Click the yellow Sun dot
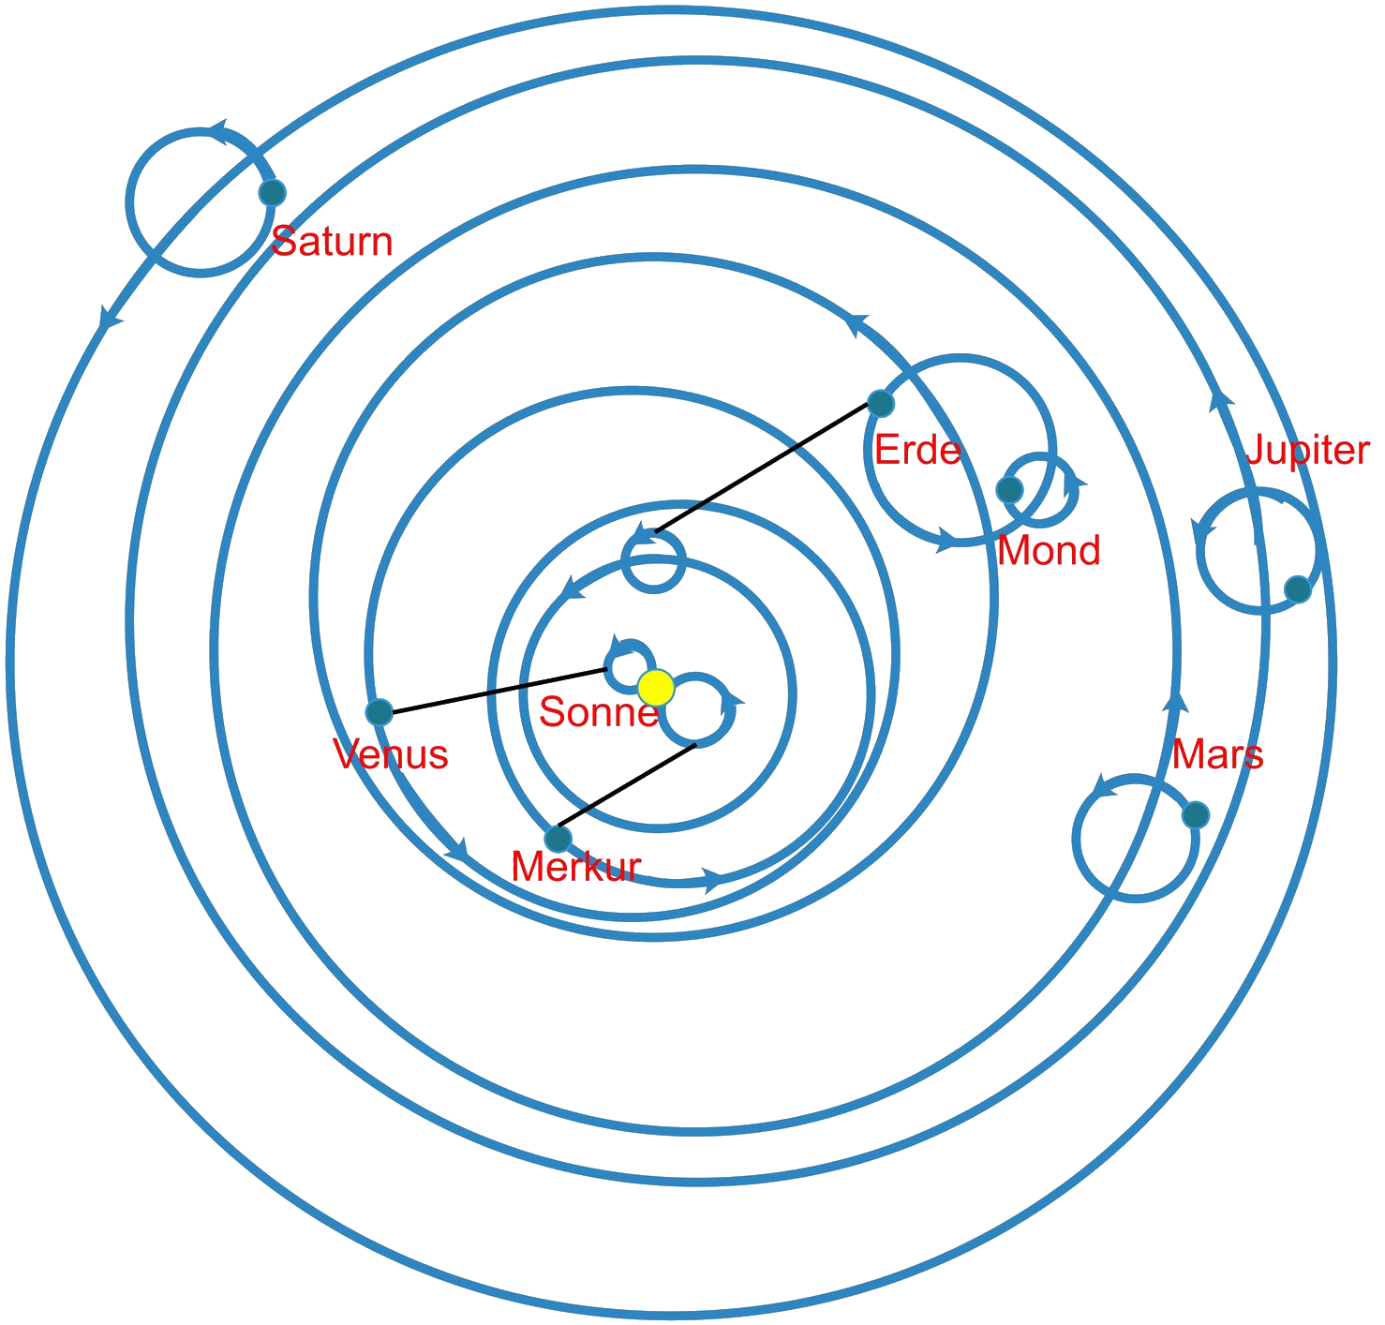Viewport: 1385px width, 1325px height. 655,687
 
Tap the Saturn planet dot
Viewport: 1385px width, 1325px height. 272,193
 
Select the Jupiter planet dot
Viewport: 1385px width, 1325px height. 1297,588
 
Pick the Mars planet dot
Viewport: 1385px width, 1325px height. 1195,814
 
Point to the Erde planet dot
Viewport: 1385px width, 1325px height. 881,403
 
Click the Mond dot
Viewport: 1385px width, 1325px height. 1009,489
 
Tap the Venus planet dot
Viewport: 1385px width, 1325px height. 379,712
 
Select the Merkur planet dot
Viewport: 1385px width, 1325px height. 558,837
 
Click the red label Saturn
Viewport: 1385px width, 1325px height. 332,242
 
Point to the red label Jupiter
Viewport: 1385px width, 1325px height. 1307,451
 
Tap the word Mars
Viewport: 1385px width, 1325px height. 1217,754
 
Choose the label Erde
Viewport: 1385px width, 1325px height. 917,451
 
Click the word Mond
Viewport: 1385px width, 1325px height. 1049,550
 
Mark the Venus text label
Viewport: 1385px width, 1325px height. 391,754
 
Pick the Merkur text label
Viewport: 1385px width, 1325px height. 575,867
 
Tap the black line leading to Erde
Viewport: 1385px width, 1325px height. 764,469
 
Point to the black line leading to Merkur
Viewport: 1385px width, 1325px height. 628,790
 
